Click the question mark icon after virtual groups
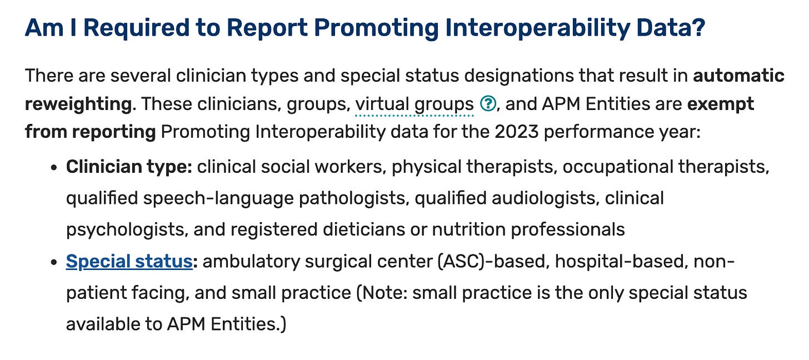488,104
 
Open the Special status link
129,261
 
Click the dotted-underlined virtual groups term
415,104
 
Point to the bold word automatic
738,76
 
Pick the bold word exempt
721,104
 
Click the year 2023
517,132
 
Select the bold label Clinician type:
129,167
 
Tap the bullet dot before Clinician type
54,168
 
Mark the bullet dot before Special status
54,262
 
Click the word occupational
618,167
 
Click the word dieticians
364,229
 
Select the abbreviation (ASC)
461,262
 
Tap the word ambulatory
251,262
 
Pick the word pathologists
354,198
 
